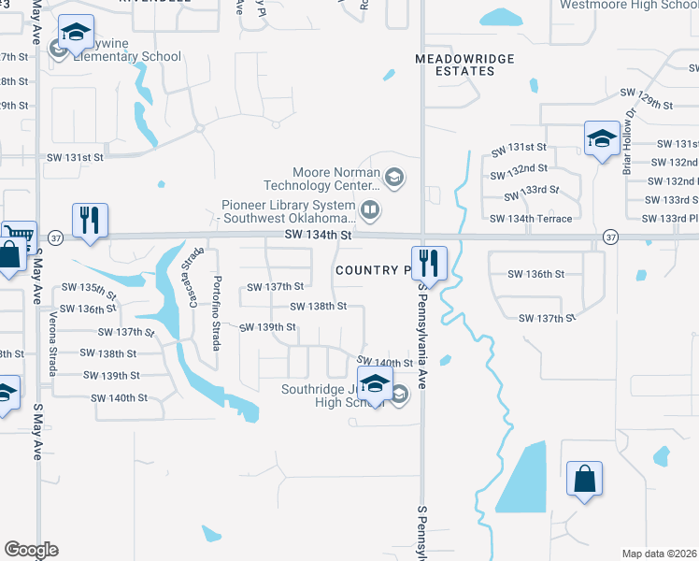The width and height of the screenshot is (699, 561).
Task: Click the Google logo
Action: (31, 550)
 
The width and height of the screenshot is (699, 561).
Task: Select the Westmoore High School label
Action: (628, 6)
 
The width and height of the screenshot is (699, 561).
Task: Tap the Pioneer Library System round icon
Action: (370, 209)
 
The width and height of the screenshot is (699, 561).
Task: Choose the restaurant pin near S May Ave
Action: (90, 221)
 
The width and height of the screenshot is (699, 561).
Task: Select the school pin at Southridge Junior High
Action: (375, 384)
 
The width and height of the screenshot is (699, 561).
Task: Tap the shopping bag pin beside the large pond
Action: (584, 480)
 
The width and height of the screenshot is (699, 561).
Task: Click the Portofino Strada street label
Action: (216, 312)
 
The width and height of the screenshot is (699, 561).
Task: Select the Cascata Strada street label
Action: (194, 271)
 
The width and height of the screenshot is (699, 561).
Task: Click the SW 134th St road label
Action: (319, 237)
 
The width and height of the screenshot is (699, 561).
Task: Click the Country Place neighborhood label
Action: (373, 270)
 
